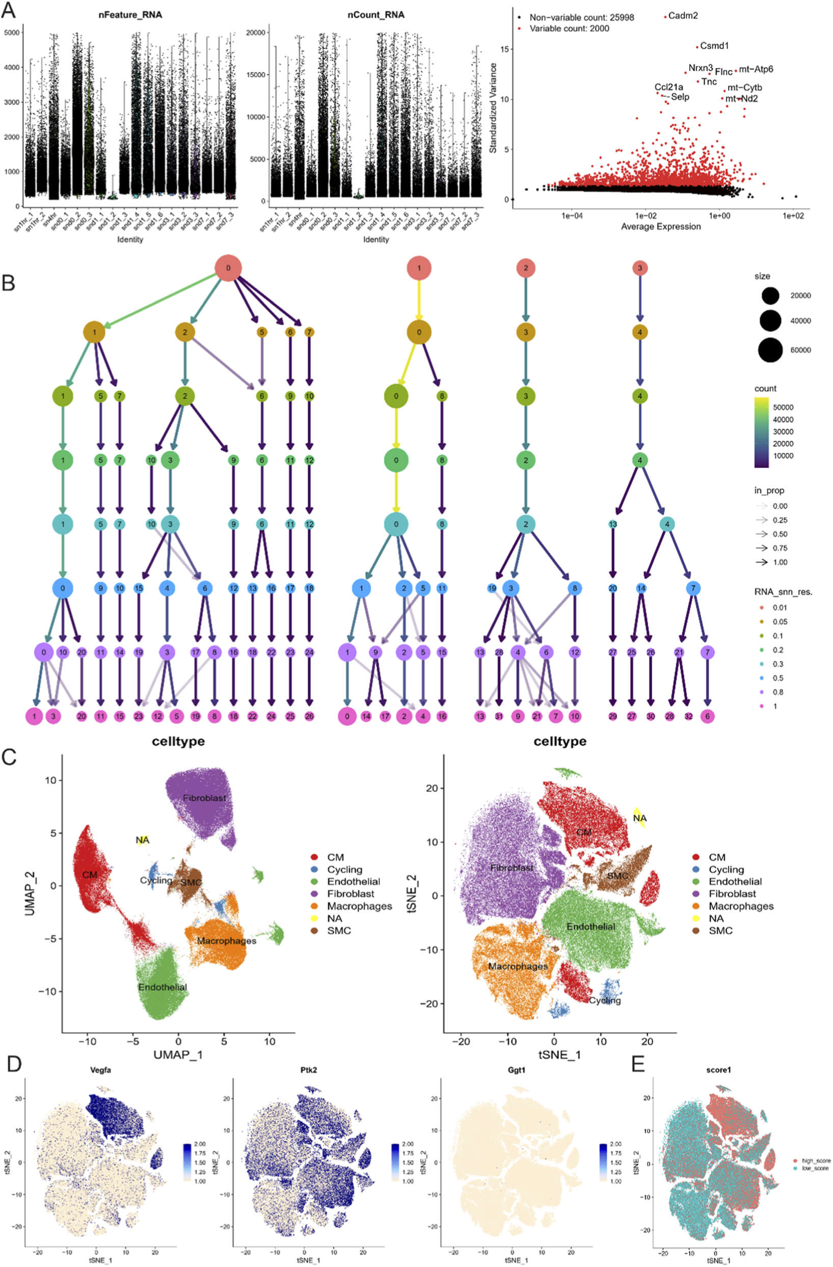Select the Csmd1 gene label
tap(714, 46)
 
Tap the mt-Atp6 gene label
tap(756, 69)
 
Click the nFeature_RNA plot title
tap(130, 15)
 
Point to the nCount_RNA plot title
tap(376, 15)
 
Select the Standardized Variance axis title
tap(493, 108)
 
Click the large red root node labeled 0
tap(228, 268)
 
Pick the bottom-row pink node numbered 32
tap(688, 716)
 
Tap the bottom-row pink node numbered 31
tap(499, 716)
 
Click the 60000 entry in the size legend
tap(800, 350)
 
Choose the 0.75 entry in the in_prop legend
tap(780, 548)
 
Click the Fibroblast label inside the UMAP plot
tap(204, 798)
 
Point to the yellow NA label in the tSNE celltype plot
tap(640, 818)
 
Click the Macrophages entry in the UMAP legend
tap(359, 906)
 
